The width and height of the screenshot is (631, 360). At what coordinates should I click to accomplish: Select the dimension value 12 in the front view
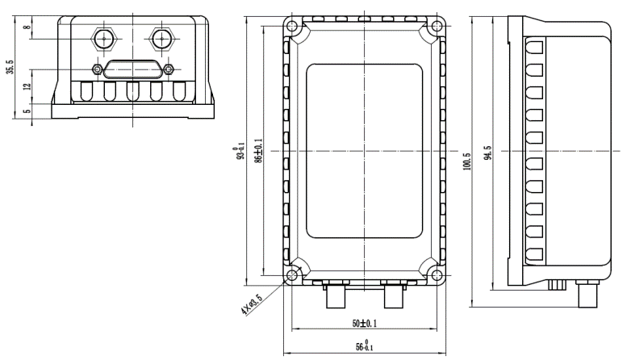(26, 86)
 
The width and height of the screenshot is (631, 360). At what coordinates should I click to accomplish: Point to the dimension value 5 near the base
(26, 113)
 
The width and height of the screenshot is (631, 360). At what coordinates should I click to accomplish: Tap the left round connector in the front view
(103, 38)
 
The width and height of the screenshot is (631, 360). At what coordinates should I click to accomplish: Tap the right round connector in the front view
(162, 38)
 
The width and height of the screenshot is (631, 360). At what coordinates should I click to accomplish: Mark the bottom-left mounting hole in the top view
(291, 277)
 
